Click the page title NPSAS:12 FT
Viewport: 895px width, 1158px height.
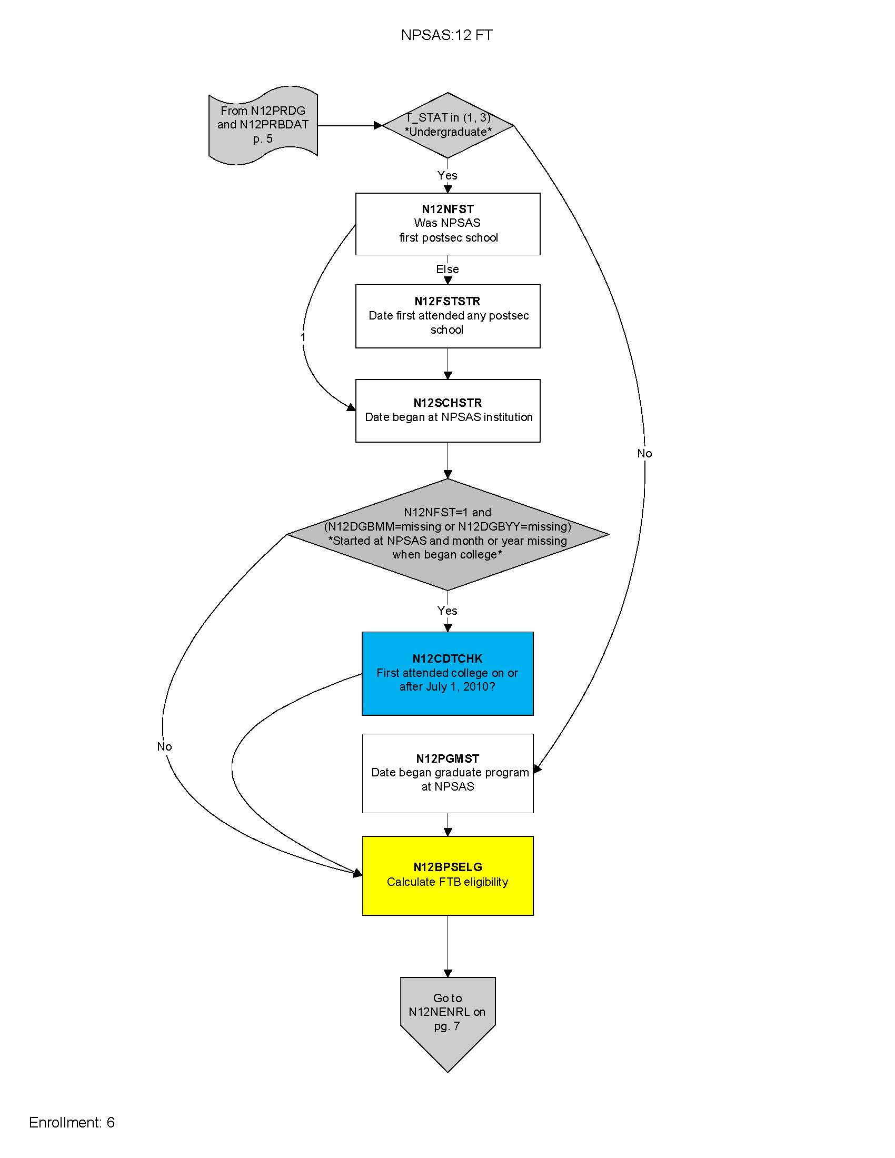[446, 35]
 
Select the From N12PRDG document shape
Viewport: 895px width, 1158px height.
[263, 125]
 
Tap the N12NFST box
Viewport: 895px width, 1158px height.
[447, 224]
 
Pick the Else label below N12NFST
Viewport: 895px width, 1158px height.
[447, 269]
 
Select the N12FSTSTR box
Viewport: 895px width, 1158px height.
[447, 316]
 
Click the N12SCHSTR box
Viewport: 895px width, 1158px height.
[447, 411]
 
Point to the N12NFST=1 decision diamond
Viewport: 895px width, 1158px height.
[447, 534]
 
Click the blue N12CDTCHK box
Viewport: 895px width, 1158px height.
[447, 673]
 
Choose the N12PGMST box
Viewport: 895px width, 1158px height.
[447, 773]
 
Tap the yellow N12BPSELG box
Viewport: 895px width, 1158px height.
[447, 875]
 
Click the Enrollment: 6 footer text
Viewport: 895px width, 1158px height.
[72, 1122]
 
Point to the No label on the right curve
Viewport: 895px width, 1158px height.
[644, 453]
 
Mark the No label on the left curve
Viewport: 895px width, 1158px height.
[164, 746]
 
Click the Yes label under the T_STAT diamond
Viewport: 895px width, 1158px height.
[447, 175]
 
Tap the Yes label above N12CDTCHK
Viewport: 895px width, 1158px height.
[447, 611]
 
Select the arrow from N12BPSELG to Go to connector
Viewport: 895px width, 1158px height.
[447, 946]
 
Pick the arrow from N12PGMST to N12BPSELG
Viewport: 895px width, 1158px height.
[447, 824]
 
